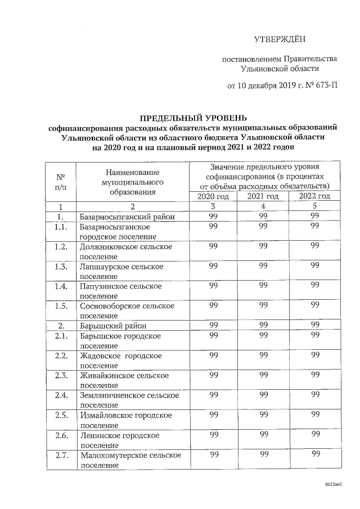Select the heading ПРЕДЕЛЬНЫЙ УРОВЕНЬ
click(193, 118)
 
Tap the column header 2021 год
click(263, 196)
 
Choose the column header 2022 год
click(314, 196)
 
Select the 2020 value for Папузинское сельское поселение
click(213, 286)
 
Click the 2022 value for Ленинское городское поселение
click(315, 435)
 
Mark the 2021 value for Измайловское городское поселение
click(263, 415)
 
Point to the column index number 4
click(263, 206)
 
